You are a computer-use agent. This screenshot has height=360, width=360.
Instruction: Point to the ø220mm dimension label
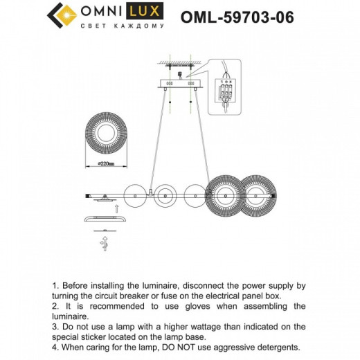click(x=102, y=163)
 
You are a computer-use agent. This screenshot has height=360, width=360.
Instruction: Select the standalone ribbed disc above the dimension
click(x=103, y=134)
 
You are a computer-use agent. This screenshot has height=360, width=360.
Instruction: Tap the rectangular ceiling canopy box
click(x=181, y=84)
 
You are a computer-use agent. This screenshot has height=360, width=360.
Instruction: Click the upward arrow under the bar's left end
click(x=115, y=208)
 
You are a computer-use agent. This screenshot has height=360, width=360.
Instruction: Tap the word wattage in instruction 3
click(x=195, y=325)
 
